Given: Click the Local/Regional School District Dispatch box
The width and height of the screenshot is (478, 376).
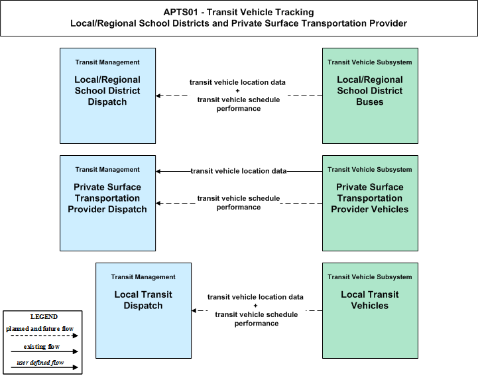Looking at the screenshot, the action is [x=107, y=95].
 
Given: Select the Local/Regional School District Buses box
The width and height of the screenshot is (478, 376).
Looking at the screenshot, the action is [x=370, y=95].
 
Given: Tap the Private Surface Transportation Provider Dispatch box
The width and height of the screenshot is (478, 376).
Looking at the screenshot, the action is [x=107, y=203].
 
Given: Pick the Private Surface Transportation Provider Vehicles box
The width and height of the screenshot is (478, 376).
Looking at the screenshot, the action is [x=370, y=203].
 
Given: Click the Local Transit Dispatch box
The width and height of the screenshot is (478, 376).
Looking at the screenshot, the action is [x=144, y=310].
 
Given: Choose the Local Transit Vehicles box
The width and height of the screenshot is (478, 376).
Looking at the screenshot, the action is [x=370, y=310].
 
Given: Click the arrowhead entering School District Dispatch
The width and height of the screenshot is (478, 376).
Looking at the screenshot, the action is [x=158, y=95].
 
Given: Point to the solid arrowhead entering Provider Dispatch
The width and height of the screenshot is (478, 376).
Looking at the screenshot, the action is [x=158, y=171].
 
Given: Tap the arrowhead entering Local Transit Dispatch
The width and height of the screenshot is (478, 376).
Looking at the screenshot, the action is [x=194, y=310].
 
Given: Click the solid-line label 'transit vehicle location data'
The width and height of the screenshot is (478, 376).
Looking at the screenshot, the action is [x=239, y=171].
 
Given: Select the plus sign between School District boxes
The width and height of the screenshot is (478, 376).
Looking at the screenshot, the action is [x=238, y=91].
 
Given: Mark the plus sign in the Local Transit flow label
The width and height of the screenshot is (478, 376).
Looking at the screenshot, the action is [x=255, y=305].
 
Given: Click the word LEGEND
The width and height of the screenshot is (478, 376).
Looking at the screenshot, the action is [x=44, y=316].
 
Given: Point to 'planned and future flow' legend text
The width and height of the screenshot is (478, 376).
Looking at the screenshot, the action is [x=40, y=329].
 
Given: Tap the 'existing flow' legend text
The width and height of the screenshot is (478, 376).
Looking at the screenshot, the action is [x=42, y=346].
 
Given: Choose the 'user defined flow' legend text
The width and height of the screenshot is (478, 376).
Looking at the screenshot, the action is [x=40, y=362].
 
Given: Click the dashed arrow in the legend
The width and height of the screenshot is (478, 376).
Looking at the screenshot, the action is [x=44, y=336].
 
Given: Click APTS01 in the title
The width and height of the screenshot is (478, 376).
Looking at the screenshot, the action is [x=180, y=12].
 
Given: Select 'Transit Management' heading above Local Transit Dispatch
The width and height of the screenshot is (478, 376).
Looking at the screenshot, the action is [x=143, y=277].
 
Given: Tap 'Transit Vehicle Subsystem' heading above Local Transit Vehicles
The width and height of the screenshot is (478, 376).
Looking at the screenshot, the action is [x=370, y=277].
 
